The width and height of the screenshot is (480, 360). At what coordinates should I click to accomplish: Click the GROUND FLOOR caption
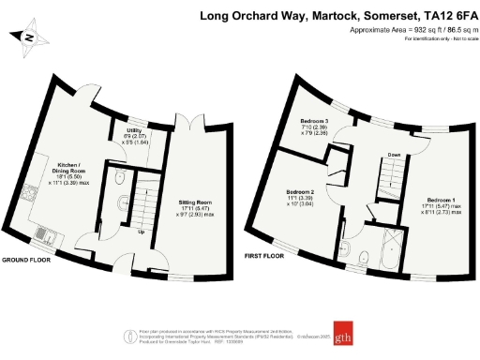[x=23, y=259]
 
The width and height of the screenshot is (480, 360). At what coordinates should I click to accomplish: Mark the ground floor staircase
[x=146, y=202]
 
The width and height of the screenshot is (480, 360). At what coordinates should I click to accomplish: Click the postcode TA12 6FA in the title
[x=444, y=16]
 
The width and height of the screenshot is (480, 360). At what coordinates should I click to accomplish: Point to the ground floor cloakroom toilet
[x=121, y=179]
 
